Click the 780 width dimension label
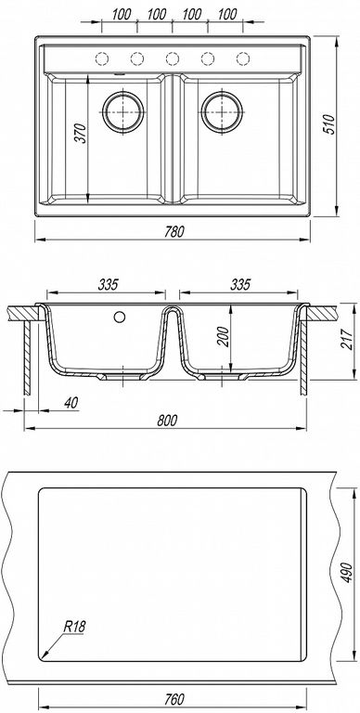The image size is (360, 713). (x=174, y=231)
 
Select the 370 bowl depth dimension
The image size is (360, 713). (x=81, y=133)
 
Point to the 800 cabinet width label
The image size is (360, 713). (x=167, y=421)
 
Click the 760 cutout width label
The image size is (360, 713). (x=174, y=698)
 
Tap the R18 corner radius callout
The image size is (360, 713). (x=74, y=627)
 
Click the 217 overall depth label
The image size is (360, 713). (x=346, y=339)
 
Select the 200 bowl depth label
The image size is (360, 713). (x=224, y=336)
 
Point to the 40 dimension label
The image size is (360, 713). (x=71, y=402)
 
